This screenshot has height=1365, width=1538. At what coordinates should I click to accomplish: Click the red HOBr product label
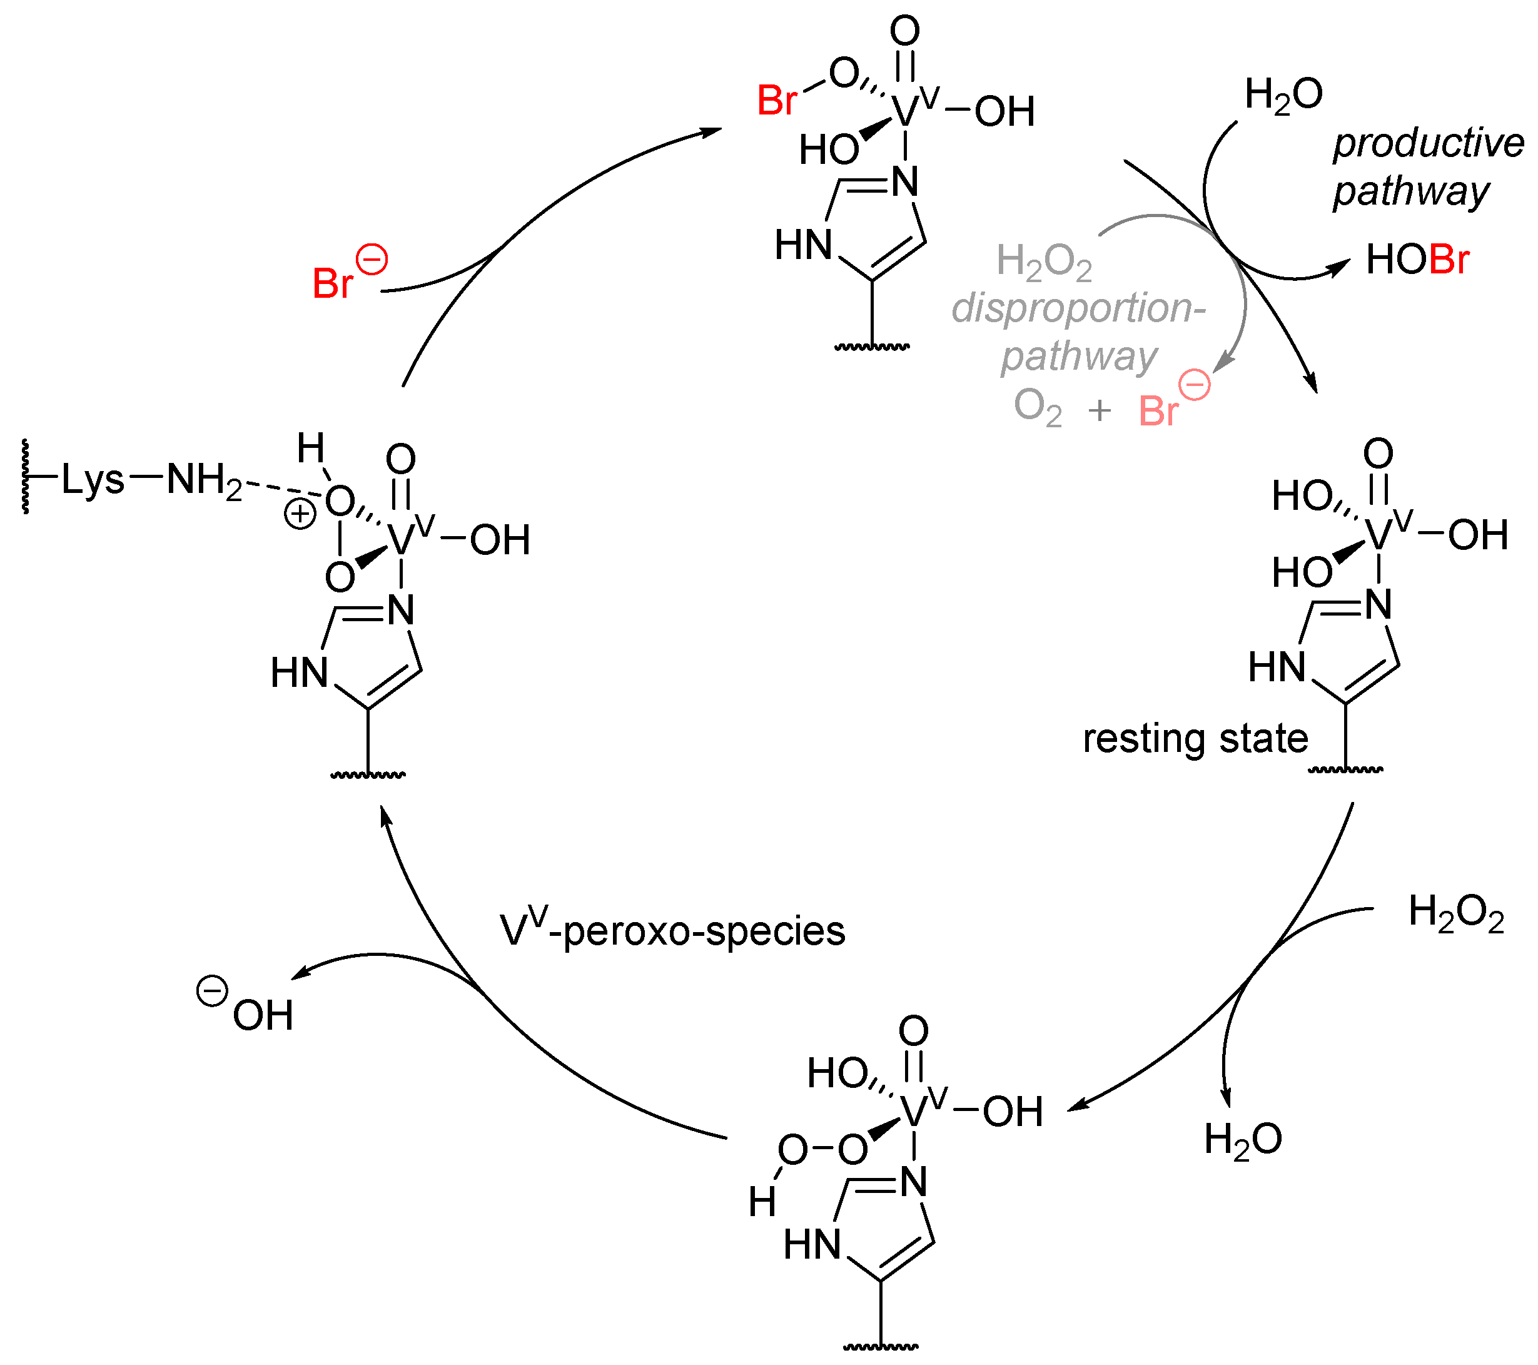[x=1417, y=260]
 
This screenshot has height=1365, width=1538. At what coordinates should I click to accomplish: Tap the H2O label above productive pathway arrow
[x=1283, y=95]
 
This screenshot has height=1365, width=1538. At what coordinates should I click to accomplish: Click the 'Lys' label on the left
[x=92, y=479]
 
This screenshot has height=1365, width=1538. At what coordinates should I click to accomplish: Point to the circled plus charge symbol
[x=300, y=515]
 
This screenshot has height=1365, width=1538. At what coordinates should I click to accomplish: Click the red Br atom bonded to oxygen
[x=777, y=100]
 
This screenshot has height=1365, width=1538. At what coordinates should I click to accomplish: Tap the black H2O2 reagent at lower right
[x=1455, y=913]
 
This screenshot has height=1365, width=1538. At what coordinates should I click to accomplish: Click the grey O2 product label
[x=1037, y=407]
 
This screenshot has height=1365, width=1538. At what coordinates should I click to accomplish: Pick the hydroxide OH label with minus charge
[x=260, y=1015]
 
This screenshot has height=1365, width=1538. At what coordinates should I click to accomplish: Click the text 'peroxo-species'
[x=704, y=931]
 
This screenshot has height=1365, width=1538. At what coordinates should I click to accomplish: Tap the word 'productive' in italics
[x=1427, y=143]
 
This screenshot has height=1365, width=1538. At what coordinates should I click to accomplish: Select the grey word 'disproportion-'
[x=1078, y=308]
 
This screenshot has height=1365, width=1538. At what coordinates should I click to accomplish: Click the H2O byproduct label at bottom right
[x=1242, y=1139]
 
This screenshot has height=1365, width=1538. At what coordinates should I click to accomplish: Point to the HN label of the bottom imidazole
[x=811, y=1245]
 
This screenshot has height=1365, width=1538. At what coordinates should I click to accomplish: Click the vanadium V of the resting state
[x=1379, y=535]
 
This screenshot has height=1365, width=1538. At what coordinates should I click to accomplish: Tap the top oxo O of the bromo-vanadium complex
[x=904, y=31]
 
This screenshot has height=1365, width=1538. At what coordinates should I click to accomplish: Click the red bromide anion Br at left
[x=332, y=283]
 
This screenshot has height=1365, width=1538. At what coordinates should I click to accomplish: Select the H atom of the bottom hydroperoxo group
[x=761, y=1202]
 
